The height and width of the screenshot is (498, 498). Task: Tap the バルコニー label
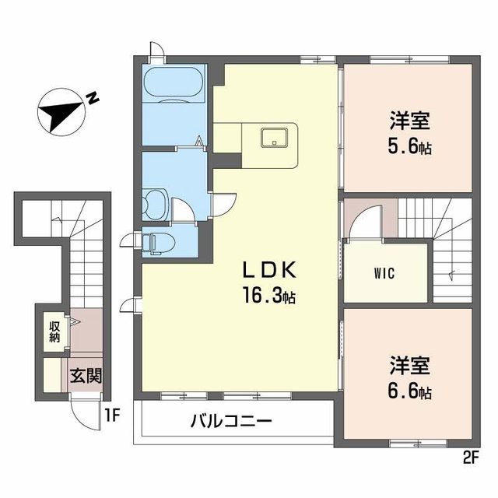coord(231,423)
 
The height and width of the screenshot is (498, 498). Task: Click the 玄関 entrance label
coord(86,377)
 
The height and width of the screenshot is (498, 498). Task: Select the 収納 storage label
coord(54,331)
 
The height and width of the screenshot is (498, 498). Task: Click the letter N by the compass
coord(93,99)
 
